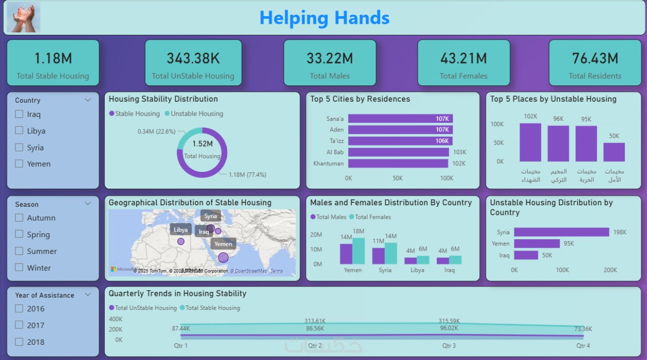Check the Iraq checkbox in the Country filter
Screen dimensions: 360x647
click(x=19, y=114)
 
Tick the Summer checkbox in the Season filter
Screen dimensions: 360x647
click(x=19, y=251)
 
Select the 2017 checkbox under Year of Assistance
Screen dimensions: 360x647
click(x=19, y=325)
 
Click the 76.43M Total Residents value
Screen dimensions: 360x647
click(x=595, y=58)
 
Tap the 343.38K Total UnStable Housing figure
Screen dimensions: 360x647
click(x=193, y=58)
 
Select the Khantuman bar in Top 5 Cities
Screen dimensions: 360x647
click(x=398, y=163)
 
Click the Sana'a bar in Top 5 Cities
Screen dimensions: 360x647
click(x=400, y=119)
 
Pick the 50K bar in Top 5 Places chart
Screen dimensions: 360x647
click(x=614, y=152)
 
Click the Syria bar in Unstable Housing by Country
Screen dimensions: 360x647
click(x=561, y=232)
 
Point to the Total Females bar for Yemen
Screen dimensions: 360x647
click(x=358, y=251)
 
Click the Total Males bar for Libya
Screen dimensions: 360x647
click(x=410, y=261)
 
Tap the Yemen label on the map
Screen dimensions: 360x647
click(x=223, y=244)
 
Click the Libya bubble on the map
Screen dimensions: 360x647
click(x=181, y=242)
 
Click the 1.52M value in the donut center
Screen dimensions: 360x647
click(x=202, y=144)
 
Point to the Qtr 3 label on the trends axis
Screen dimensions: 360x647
click(x=449, y=346)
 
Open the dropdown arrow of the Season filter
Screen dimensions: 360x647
click(x=88, y=204)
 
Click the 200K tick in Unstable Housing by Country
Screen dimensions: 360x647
click(x=610, y=270)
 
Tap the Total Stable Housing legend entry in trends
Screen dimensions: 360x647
click(x=212, y=308)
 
